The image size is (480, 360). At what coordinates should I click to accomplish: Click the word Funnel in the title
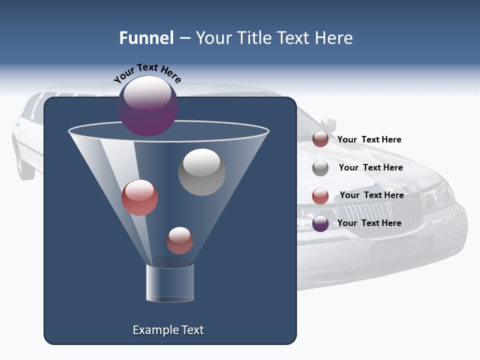coord(146,38)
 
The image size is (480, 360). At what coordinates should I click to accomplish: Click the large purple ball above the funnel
coord(148,106)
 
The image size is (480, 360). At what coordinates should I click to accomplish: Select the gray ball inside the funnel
coord(202,172)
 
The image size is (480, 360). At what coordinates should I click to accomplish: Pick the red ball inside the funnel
coord(139,197)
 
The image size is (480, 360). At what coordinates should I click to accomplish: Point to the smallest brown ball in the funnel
coord(179,240)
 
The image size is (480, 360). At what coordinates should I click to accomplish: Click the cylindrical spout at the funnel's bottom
coord(170,283)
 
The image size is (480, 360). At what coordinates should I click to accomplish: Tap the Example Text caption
coord(168,330)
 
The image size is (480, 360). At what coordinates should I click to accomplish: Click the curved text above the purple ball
coord(147,72)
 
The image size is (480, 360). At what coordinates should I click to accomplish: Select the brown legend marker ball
coord(320,139)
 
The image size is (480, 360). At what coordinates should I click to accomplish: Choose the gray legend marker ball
coord(320,168)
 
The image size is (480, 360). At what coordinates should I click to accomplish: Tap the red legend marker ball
coord(320,196)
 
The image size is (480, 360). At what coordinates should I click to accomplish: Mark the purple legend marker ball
coord(320,223)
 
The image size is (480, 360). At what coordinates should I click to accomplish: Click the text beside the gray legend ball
coord(370,167)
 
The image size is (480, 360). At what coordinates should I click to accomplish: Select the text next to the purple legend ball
coord(369,223)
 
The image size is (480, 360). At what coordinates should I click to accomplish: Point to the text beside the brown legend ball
coord(369,139)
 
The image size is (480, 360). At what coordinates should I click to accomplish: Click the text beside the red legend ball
coord(371,195)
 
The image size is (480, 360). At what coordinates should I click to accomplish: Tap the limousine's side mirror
coord(328,124)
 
